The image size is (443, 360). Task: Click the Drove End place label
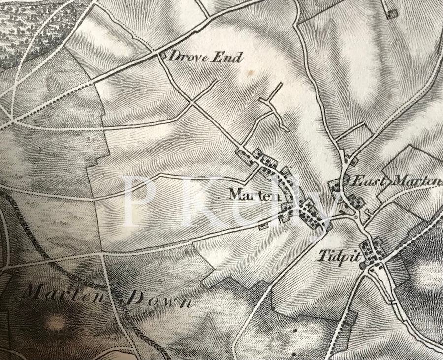[206, 57]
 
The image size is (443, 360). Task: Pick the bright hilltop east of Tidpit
[428, 275]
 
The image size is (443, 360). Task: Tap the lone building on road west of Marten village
[263, 226]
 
